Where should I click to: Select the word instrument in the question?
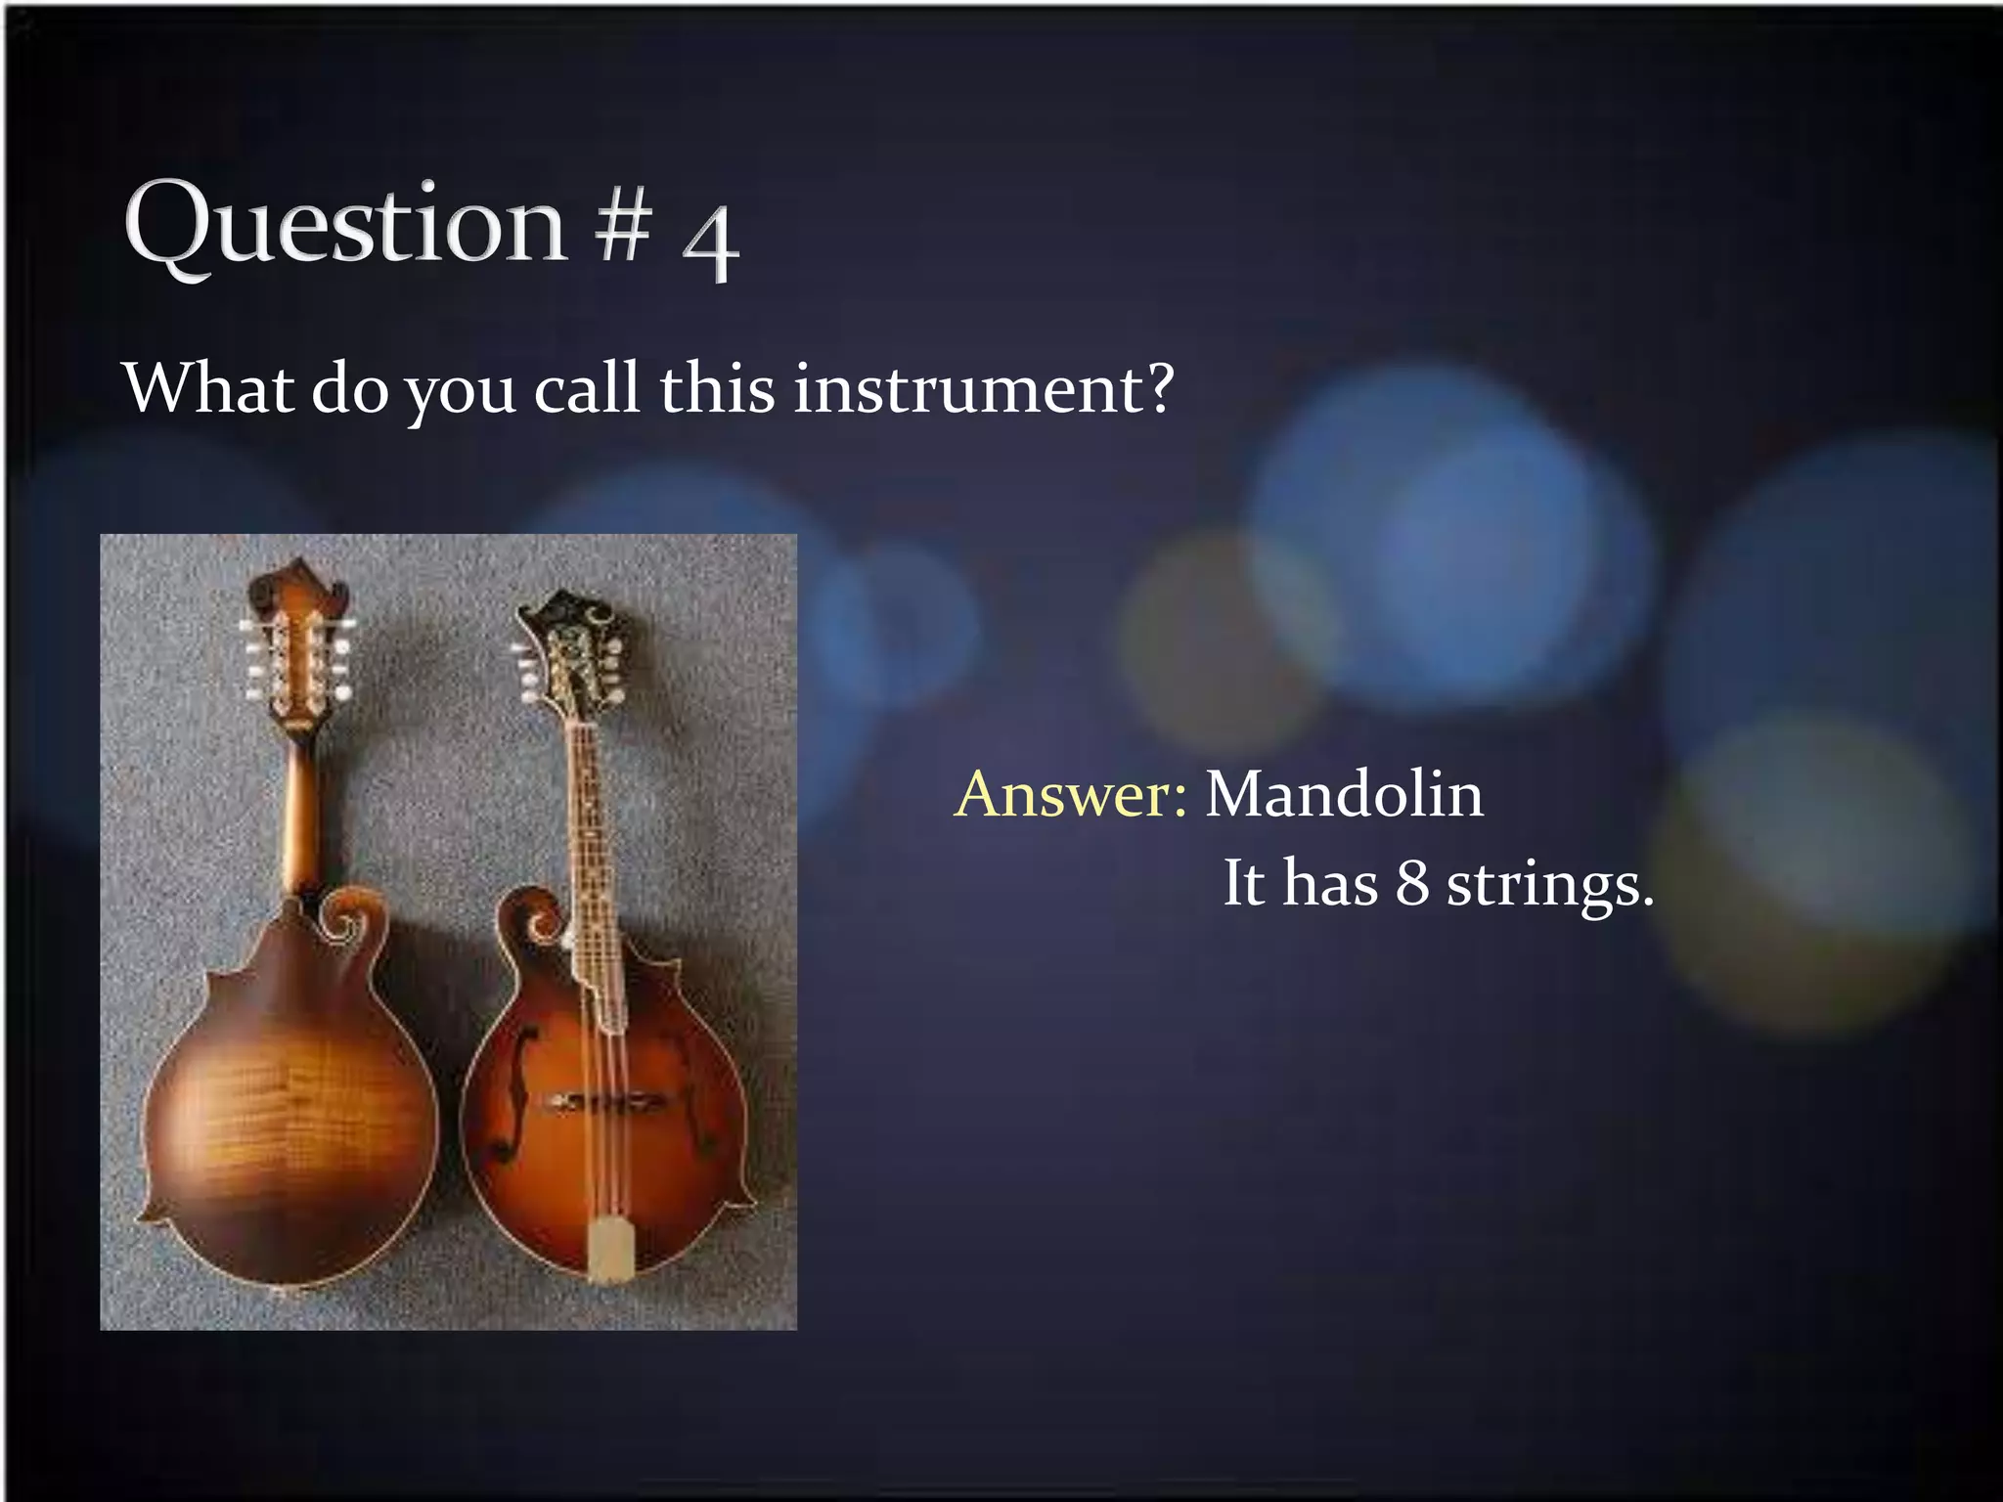pos(981,389)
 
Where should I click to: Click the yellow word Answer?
pos(1071,794)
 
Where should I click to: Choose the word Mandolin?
pos(1344,794)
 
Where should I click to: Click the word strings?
pos(1549,885)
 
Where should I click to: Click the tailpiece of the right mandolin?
pos(609,1248)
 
